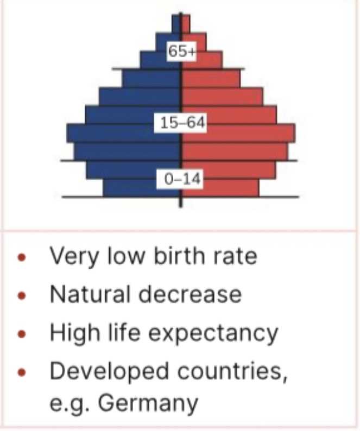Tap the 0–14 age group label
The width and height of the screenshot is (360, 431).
click(180, 179)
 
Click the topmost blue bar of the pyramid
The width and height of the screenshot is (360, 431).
click(176, 23)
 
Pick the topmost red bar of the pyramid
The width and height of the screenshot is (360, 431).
click(186, 23)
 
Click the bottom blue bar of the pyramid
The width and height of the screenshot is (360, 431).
click(142, 188)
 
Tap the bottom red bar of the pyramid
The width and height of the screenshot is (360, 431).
click(220, 188)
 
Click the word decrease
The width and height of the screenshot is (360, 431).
click(189, 295)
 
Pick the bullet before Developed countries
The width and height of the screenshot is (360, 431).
click(21, 372)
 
